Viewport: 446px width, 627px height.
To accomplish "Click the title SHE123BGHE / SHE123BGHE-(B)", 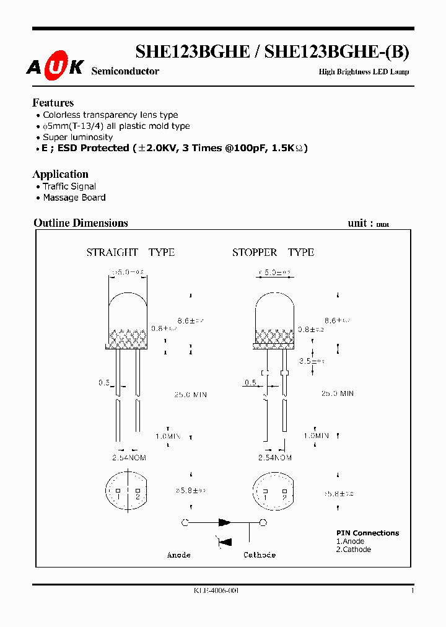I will [x=272, y=52].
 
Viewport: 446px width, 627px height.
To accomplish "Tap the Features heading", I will [x=53, y=103].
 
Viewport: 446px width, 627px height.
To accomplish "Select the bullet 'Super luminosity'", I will [x=77, y=137].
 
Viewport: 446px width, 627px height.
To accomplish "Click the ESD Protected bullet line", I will [x=174, y=148].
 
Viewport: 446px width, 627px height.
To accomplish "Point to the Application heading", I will [x=60, y=174].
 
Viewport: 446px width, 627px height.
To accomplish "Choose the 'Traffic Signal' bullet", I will [x=69, y=186].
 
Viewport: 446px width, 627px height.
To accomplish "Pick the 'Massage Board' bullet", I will [x=74, y=198].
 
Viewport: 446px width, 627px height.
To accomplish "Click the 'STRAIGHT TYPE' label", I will [x=130, y=252].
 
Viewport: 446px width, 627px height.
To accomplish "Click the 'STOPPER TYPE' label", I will [x=273, y=252].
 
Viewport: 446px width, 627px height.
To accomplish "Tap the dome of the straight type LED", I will [x=128, y=310].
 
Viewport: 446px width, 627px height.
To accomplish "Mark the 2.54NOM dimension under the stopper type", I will [x=275, y=458].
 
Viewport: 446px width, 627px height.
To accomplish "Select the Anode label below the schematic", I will [x=178, y=555].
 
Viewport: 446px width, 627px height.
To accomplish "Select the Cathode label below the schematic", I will [x=259, y=555].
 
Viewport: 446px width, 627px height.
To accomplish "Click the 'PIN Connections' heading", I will [x=367, y=533].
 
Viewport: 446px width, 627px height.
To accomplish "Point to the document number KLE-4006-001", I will [x=216, y=590].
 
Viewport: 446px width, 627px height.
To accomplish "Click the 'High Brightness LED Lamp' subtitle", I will [x=364, y=72].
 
